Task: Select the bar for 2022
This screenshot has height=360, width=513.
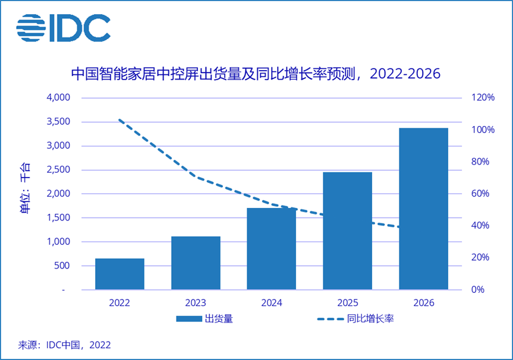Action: click(119, 274)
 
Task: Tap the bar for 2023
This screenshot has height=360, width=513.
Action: click(196, 263)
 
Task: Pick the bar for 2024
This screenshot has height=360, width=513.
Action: click(271, 249)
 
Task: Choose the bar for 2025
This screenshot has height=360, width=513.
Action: click(347, 231)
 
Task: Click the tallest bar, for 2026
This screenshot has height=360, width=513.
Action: click(423, 209)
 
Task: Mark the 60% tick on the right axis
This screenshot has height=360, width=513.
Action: click(481, 194)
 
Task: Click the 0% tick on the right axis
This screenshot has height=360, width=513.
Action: click(479, 290)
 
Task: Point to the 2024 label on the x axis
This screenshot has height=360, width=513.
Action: click(271, 302)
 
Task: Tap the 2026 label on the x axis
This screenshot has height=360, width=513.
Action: click(423, 302)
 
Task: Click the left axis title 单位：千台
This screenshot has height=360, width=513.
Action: click(27, 188)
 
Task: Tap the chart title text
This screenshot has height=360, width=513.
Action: click(255, 74)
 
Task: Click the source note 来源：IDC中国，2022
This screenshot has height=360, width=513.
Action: click(64, 345)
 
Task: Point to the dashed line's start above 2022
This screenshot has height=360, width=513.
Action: click(120, 120)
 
